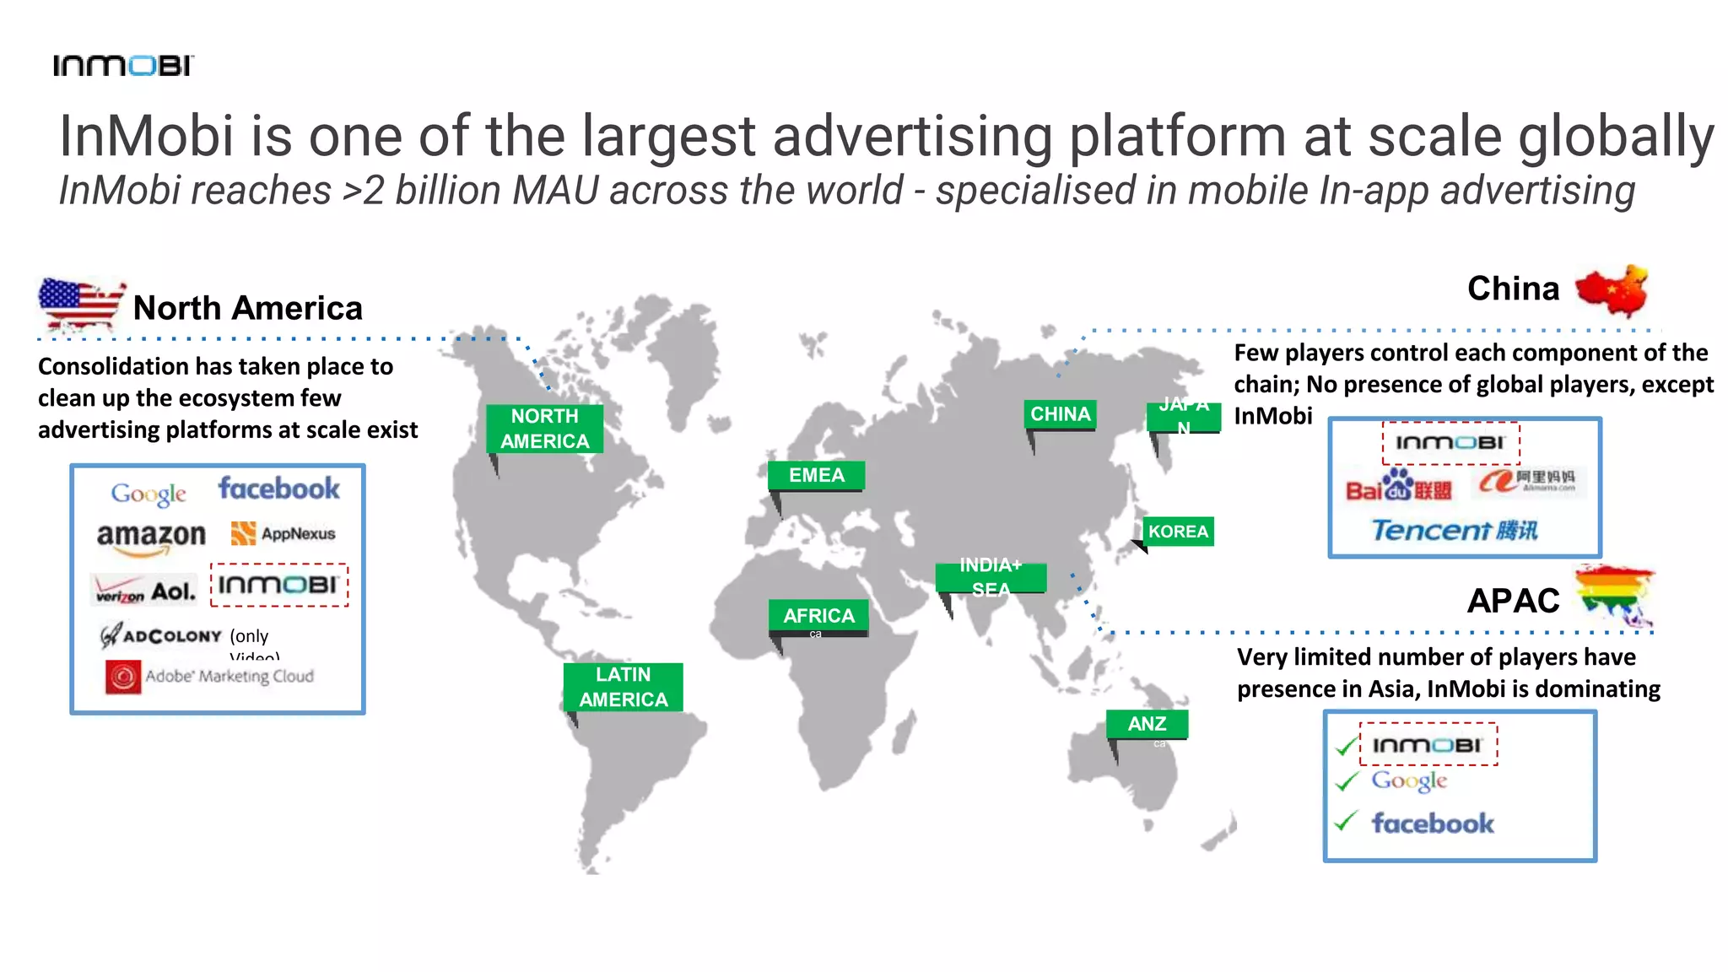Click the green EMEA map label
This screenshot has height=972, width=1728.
pyautogui.click(x=816, y=475)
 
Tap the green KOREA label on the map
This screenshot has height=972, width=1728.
pyautogui.click(x=1178, y=532)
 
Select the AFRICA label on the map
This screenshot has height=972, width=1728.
pyautogui.click(x=818, y=615)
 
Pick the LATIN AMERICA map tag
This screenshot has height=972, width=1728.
pyautogui.click(x=623, y=687)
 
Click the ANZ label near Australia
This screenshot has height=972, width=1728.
pyautogui.click(x=1147, y=724)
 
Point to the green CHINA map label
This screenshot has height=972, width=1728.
pyautogui.click(x=1061, y=414)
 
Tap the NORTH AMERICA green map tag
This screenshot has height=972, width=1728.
pyautogui.click(x=544, y=429)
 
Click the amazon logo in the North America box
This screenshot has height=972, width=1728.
pyautogui.click(x=151, y=537)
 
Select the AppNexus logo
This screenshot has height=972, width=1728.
pyautogui.click(x=283, y=533)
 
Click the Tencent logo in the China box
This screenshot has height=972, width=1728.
pyautogui.click(x=1454, y=530)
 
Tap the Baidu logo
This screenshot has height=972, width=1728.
pyautogui.click(x=1398, y=486)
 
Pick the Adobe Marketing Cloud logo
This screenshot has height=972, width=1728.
pyautogui.click(x=209, y=677)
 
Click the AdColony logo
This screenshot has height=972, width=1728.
pyautogui.click(x=161, y=635)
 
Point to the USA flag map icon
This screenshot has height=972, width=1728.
pyautogui.click(x=81, y=303)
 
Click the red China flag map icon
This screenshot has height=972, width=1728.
pyautogui.click(x=1612, y=290)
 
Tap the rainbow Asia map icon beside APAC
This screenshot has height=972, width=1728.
pyautogui.click(x=1615, y=595)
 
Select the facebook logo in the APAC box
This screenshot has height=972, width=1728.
pyautogui.click(x=1432, y=823)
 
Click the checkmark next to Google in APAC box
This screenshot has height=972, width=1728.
pyautogui.click(x=1347, y=781)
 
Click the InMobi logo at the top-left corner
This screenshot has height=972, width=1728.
pyautogui.click(x=123, y=65)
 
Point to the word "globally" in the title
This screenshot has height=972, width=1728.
pyautogui.click(x=1616, y=136)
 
